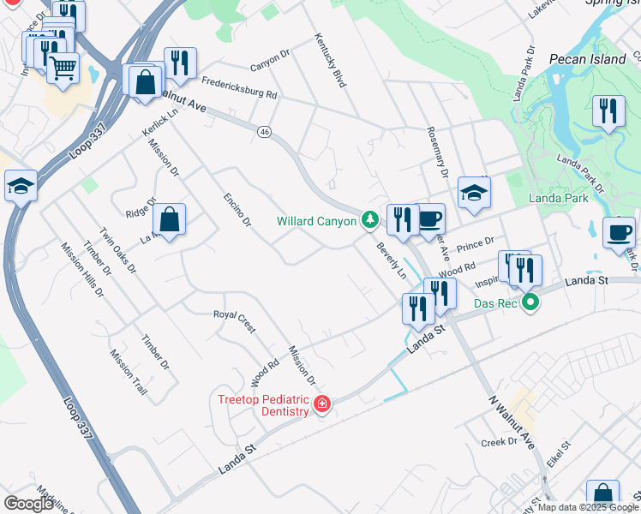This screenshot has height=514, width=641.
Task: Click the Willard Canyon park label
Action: tap(315, 221)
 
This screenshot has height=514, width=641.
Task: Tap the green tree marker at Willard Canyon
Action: tap(370, 220)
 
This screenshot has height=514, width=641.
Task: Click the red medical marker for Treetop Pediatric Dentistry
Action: tap(322, 403)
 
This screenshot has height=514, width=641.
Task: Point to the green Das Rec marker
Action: tap(530, 302)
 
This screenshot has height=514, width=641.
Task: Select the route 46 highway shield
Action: tap(264, 131)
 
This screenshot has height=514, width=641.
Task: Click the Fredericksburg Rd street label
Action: tap(239, 88)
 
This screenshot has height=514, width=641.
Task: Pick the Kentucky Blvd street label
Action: tap(336, 62)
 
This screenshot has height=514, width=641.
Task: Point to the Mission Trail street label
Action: tap(129, 376)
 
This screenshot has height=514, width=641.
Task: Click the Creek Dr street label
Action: tap(500, 442)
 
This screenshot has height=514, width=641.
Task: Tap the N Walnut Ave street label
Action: tap(512, 422)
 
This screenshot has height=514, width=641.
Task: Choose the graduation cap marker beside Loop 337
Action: tap(20, 184)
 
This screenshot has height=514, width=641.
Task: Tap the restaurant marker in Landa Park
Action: tap(608, 111)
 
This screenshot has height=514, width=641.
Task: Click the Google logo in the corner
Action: tap(28, 503)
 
